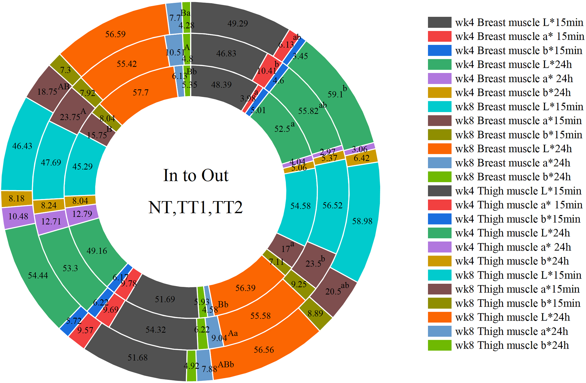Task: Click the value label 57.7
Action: (141, 92)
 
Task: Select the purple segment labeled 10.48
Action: (18, 217)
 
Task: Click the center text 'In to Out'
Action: (196, 175)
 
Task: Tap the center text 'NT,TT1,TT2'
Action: (196, 207)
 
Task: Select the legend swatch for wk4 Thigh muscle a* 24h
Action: (439, 247)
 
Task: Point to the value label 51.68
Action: (137, 357)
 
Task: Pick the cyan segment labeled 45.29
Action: (82, 166)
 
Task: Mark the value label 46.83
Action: (226, 53)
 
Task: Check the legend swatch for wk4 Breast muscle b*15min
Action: (439, 50)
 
